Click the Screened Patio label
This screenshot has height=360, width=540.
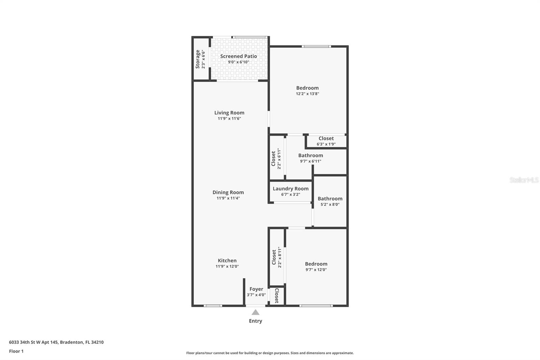pos(239,56)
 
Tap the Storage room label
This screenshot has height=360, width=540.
pos(198,59)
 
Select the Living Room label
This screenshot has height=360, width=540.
pos(229,113)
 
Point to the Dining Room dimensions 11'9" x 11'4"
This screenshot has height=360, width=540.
pos(228,198)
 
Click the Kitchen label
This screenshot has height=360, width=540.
pos(227,260)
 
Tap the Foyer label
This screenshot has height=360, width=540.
pos(256,289)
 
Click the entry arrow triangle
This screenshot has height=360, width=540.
pos(255,312)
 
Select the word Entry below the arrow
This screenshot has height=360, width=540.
pos(255,321)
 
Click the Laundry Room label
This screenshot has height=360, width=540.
pos(291,189)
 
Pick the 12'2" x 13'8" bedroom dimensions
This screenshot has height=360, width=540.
pos(307,94)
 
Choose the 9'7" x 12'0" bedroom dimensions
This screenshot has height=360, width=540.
pos(316,269)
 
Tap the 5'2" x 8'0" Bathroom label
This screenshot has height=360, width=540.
pos(330,199)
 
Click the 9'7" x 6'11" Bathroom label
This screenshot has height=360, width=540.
pos(310,155)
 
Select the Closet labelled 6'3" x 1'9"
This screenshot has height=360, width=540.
pos(326,138)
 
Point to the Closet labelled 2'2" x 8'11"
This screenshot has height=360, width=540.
pos(274,257)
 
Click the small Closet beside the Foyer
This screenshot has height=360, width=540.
pos(277,295)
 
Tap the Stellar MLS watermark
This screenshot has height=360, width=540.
pos(524,180)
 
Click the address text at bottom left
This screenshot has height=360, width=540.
pos(56,342)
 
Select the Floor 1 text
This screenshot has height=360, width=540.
pos(16,351)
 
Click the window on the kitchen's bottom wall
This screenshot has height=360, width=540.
pos(213,306)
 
